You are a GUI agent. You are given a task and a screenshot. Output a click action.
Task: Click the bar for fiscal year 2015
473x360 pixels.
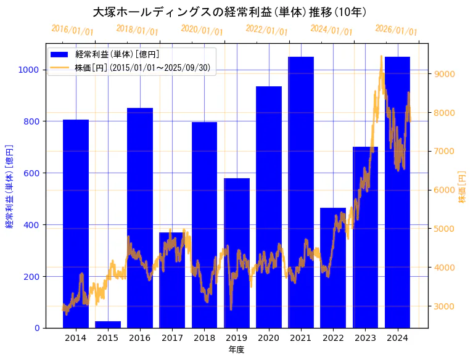click(108, 324)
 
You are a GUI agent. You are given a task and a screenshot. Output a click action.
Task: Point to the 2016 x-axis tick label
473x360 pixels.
click(140, 338)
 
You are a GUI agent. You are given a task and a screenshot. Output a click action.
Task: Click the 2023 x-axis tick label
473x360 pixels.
click(365, 338)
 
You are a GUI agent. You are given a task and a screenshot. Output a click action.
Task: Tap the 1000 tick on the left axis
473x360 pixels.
click(29, 70)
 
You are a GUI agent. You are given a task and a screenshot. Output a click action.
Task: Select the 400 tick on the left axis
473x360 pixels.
click(31, 224)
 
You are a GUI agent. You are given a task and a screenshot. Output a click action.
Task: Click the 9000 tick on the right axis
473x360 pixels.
click(444, 74)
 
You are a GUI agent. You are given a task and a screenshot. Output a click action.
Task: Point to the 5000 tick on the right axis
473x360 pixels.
click(444, 229)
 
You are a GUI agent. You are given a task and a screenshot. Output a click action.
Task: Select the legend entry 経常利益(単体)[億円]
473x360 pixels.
click(117, 55)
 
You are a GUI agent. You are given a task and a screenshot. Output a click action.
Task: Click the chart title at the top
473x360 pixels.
click(229, 12)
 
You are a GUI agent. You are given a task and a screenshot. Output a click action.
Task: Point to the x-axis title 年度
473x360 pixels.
click(236, 350)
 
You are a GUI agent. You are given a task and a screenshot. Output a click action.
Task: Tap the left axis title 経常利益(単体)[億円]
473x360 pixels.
click(9, 186)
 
